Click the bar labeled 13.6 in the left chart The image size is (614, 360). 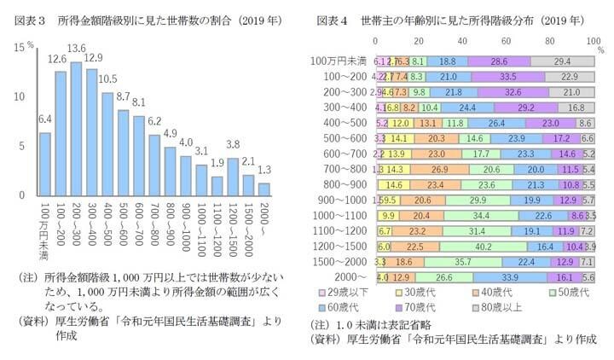click(77, 128)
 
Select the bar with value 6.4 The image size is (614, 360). click(44, 164)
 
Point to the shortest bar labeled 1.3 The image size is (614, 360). click(264, 189)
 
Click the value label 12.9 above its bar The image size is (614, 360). click(92, 57)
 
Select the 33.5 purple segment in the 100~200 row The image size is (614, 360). click(508, 76)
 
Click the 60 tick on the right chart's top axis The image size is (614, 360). click(507, 40)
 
